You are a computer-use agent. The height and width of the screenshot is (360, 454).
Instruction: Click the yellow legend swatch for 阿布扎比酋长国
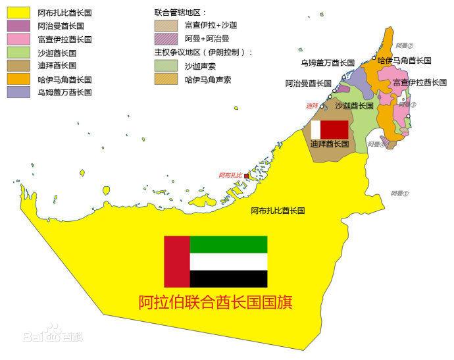click(x=18, y=13)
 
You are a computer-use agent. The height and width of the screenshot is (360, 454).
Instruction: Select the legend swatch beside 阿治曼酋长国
click(x=18, y=26)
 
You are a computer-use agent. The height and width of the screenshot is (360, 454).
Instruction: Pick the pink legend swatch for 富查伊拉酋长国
click(x=18, y=39)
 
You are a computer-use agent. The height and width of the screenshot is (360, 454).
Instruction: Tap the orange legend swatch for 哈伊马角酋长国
click(x=18, y=79)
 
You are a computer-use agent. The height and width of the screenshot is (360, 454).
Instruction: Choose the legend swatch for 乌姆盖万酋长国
click(x=18, y=92)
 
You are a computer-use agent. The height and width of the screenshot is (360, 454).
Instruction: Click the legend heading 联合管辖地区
click(x=180, y=13)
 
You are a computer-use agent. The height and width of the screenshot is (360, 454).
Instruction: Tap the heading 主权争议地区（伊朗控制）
click(x=203, y=53)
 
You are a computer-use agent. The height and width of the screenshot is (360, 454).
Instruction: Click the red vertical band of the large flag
click(x=176, y=261)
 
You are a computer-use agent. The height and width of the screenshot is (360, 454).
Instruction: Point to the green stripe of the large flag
click(x=228, y=244)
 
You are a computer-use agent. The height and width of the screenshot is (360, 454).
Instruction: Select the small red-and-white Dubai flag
click(x=329, y=129)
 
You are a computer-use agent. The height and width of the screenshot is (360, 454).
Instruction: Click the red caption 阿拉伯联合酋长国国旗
click(x=215, y=302)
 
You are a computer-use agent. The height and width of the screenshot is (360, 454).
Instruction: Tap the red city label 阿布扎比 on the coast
click(x=230, y=176)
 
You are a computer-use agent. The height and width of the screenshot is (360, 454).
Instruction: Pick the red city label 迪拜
click(x=313, y=105)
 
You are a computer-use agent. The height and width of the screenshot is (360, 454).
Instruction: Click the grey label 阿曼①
click(x=399, y=193)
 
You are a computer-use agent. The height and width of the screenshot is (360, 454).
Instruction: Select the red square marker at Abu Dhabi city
click(x=247, y=176)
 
